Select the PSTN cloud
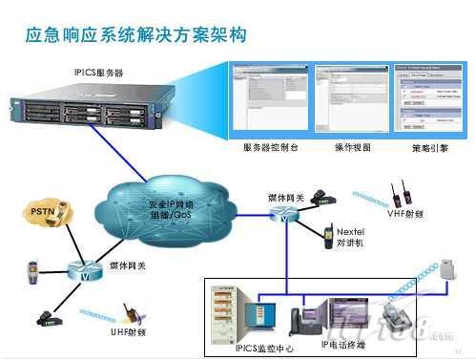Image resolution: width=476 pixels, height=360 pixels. click(45, 213)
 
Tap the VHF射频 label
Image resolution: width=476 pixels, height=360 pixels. click(406, 214)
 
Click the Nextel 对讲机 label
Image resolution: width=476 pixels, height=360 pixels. click(350, 237)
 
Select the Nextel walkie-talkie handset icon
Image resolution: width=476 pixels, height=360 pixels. click(326, 232)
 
